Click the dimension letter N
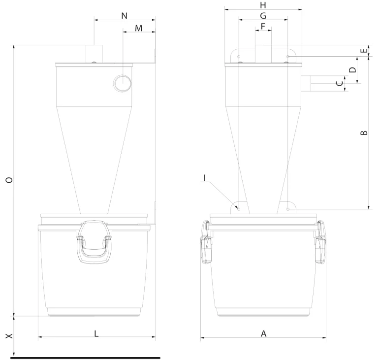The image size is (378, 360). [124, 16]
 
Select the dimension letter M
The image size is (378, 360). [139, 28]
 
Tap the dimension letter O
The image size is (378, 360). [9, 180]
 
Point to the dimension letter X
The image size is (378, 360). [9, 336]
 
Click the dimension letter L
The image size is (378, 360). [96, 334]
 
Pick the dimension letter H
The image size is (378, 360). [263, 5]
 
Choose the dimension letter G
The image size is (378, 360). [263, 16]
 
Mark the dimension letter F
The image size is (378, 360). [263, 26]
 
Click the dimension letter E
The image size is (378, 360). [364, 51]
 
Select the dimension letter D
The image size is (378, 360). [353, 70]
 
